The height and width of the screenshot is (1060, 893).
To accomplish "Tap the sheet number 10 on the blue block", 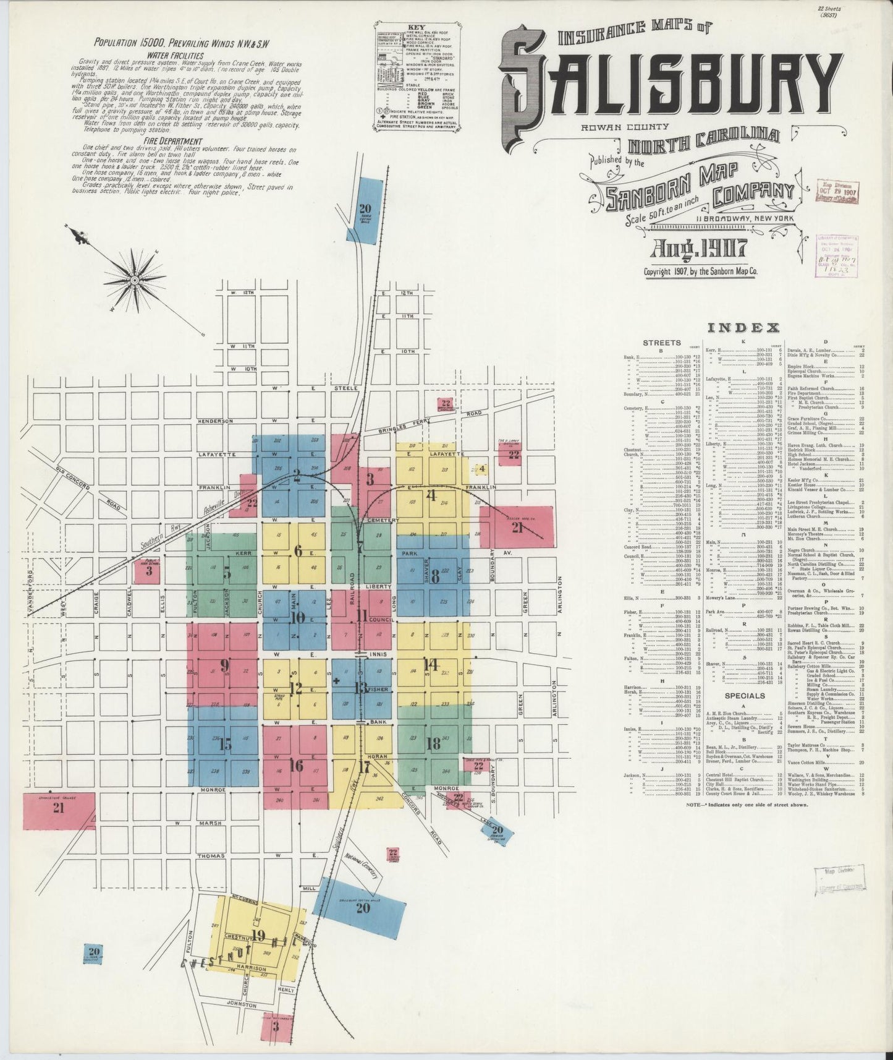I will (x=297, y=617).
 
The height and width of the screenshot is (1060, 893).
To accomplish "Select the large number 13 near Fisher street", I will (x=360, y=688).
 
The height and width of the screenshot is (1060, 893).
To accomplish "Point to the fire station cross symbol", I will (x=336, y=681).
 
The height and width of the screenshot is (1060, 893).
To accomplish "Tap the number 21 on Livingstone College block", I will (x=59, y=808).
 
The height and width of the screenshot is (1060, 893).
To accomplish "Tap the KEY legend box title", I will (x=419, y=28).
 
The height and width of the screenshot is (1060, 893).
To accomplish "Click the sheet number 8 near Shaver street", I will (x=435, y=576).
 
